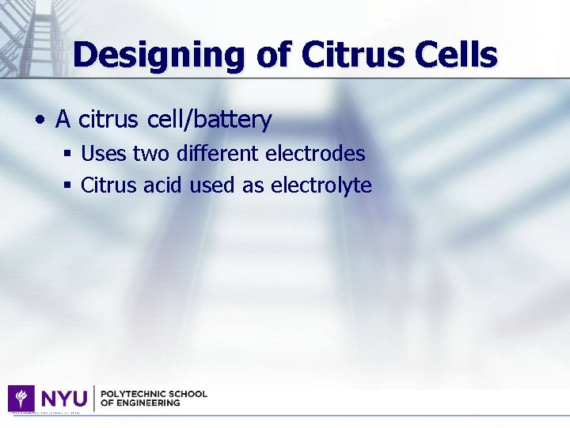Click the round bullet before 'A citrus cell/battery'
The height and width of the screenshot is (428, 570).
tap(39, 120)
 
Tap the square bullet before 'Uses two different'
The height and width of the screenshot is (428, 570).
tap(69, 153)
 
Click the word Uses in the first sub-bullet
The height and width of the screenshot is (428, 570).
tap(104, 153)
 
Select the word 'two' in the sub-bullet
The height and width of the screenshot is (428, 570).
tap(150, 153)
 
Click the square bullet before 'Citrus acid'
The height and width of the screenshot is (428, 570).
tap(69, 185)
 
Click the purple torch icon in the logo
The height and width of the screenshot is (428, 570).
tap(21, 398)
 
